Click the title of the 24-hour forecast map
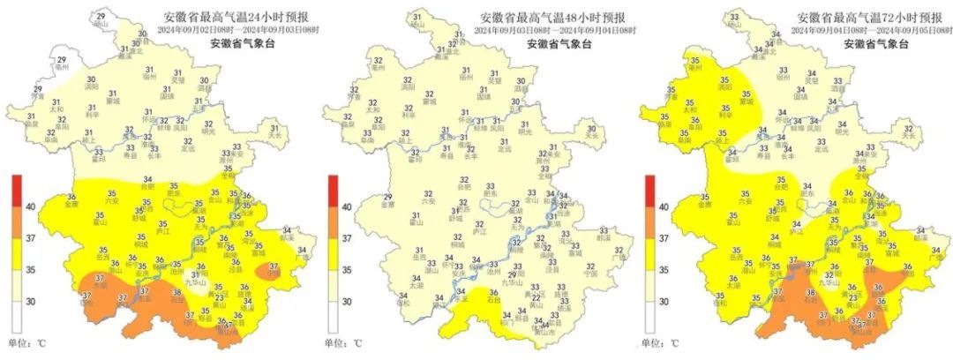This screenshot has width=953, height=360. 236,17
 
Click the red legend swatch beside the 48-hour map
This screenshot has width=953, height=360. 333,191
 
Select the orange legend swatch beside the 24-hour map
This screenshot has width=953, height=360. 16,222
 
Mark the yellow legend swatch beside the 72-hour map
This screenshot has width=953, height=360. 649,254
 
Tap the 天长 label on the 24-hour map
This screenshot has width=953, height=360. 275,137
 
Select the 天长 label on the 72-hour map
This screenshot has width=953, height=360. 909,137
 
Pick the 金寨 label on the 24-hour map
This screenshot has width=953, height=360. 71,204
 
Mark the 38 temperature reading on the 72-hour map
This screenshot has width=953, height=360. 810,292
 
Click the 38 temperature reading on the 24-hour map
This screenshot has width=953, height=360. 176,293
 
